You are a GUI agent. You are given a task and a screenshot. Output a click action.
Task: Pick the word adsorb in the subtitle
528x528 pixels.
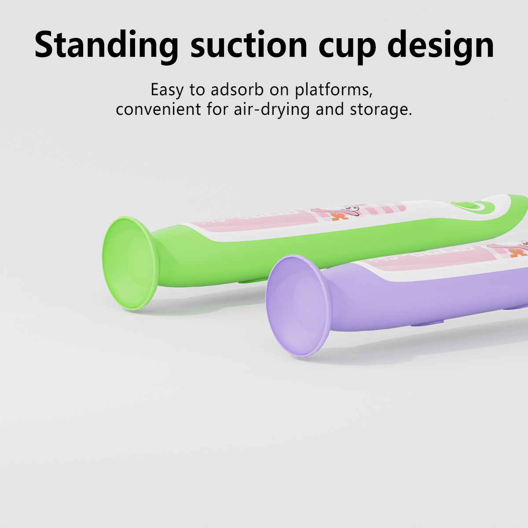tap(237, 89)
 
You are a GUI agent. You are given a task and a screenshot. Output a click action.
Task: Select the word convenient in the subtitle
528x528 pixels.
tap(158, 109)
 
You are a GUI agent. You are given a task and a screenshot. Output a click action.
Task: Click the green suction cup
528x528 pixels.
tap(131, 263)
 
